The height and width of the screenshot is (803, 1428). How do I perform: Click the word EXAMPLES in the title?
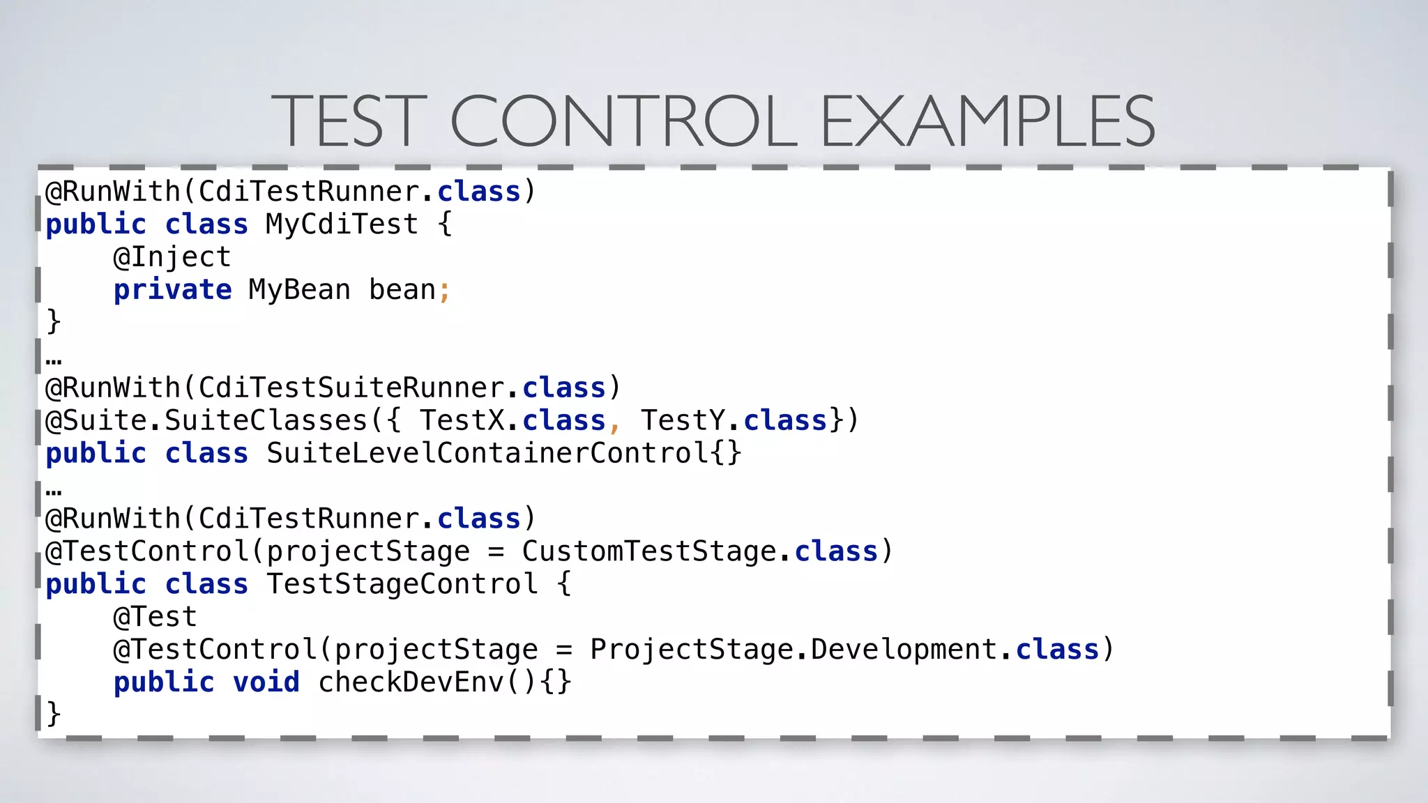tap(988, 121)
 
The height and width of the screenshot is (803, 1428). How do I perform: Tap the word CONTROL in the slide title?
tap(624, 121)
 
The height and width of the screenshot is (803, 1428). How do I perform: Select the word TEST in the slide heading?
tap(349, 121)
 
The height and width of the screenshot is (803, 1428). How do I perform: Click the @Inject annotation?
tap(172, 257)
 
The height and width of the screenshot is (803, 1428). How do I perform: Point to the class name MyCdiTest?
tap(342, 224)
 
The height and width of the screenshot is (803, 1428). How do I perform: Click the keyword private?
tap(172, 290)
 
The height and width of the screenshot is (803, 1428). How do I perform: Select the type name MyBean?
tap(299, 290)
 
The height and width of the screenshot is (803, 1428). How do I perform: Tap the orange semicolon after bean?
tap(444, 291)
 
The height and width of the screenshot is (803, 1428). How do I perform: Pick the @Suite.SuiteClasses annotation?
tap(206, 420)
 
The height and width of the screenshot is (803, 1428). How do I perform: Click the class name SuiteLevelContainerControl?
tap(487, 453)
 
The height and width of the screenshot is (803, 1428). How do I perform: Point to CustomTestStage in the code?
tap(648, 551)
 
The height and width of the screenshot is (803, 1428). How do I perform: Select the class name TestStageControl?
tap(402, 584)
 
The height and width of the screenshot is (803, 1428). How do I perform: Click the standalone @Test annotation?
tap(155, 617)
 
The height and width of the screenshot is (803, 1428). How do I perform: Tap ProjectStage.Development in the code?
tap(794, 650)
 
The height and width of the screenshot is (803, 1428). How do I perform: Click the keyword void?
tap(266, 682)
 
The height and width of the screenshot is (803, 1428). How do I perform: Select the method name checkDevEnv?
tap(411, 682)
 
